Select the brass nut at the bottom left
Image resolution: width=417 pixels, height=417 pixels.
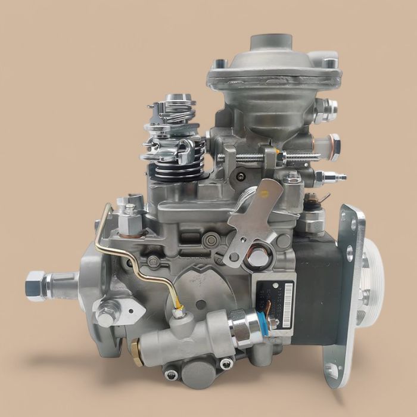tap(136, 351)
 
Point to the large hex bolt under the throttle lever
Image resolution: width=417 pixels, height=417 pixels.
tap(257, 257)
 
